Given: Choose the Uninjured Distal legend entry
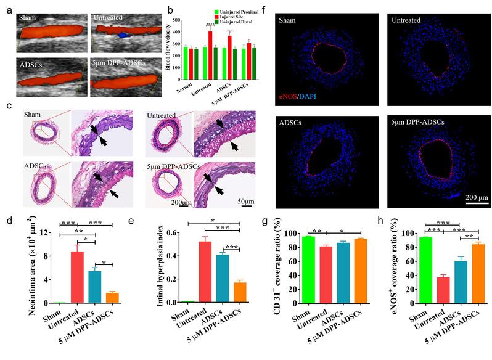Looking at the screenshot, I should pyautogui.click(x=216, y=25).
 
